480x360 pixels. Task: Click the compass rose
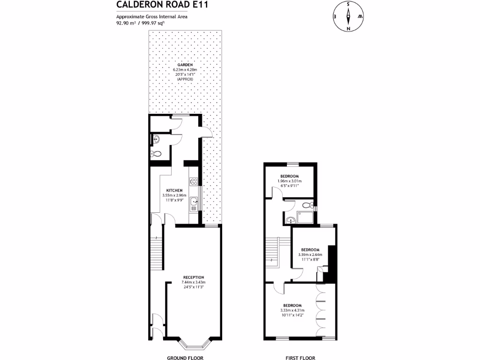click(348, 15)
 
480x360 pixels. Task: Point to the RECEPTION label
click(194, 277)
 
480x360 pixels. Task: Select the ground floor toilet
click(157, 153)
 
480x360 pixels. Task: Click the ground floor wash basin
click(156, 139)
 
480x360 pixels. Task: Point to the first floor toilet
click(307, 205)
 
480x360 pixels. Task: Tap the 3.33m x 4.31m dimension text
click(292, 310)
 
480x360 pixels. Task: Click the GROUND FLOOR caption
click(185, 358)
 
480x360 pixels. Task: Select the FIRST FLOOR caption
click(300, 358)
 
